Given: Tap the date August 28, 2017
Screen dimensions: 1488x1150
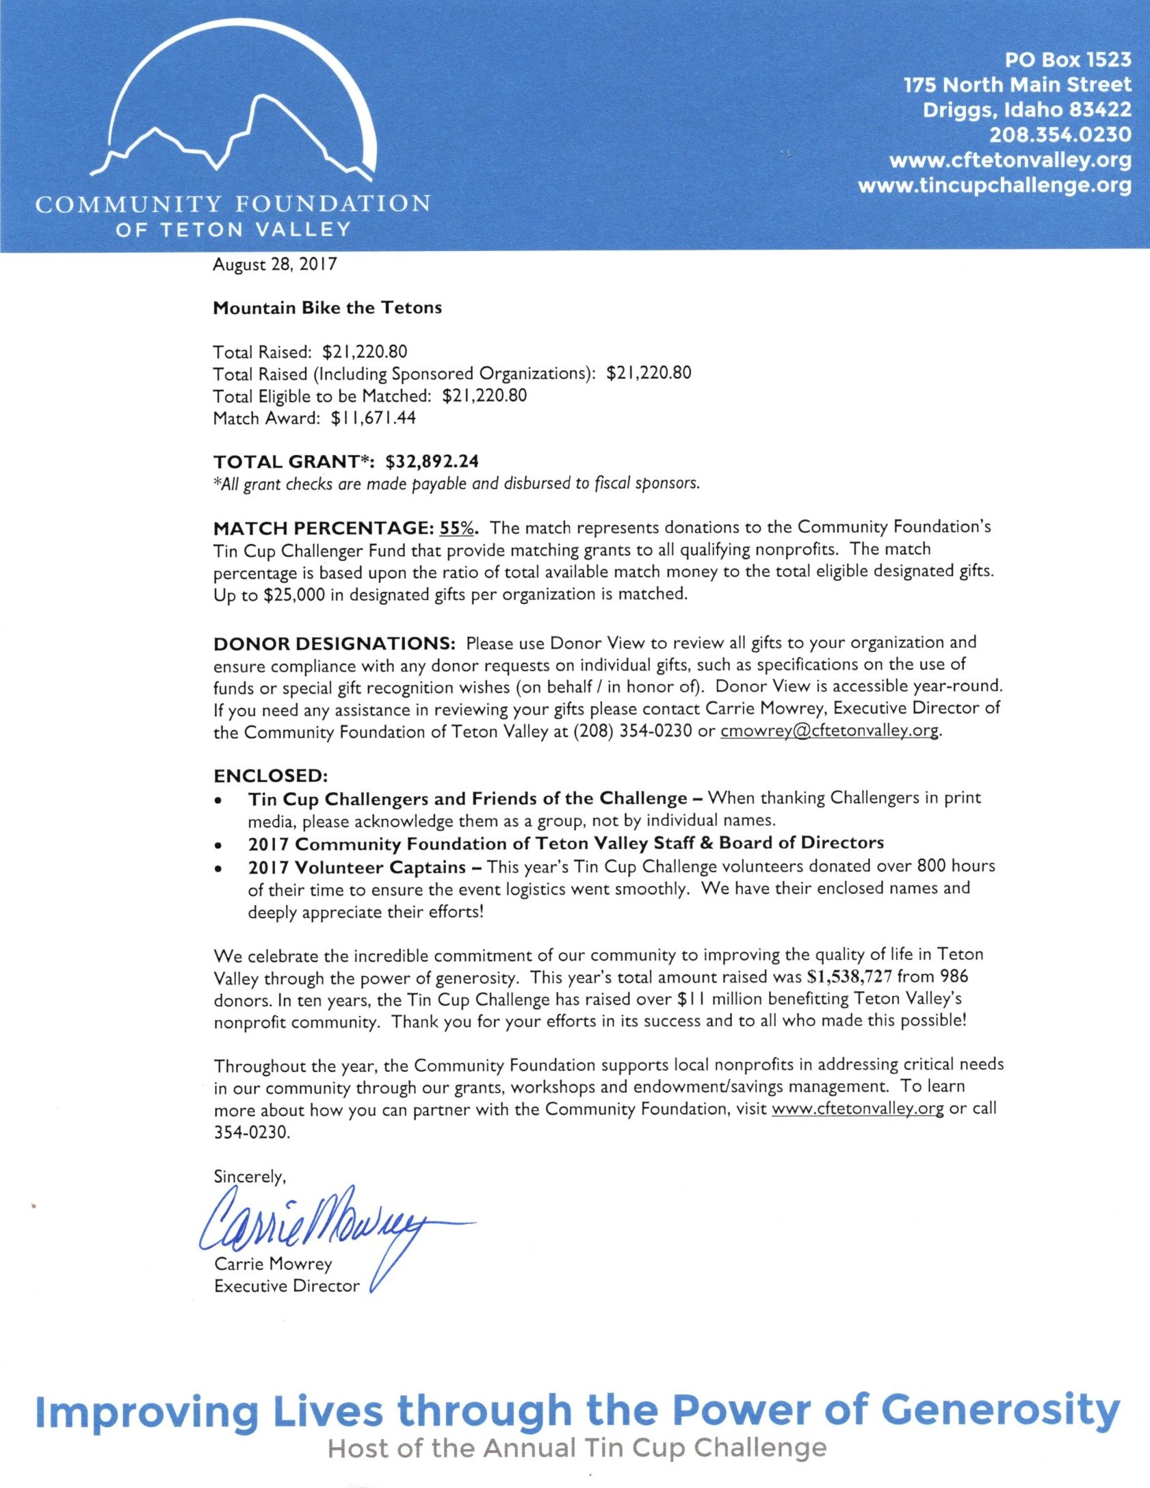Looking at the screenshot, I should (x=274, y=265).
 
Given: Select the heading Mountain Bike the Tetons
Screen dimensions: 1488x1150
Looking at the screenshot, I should (x=327, y=308).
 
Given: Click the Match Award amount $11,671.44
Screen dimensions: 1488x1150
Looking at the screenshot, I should (x=373, y=418).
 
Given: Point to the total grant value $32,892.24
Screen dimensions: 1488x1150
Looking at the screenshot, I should (x=436, y=461).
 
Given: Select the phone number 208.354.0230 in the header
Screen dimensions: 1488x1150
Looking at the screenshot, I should (x=1060, y=135).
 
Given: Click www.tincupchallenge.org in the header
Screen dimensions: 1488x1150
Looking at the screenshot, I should (x=994, y=185).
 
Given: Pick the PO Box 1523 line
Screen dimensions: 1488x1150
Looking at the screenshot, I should (x=1067, y=60).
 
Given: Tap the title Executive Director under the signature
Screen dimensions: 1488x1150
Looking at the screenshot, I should (x=287, y=1286).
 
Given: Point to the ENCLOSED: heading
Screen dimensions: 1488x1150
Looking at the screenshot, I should (x=271, y=776).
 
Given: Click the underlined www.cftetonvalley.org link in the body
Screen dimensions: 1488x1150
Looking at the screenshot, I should (x=857, y=1109).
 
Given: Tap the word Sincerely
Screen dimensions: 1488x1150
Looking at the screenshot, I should (x=249, y=1176).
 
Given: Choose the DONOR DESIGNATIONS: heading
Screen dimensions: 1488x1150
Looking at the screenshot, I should (x=335, y=644).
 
